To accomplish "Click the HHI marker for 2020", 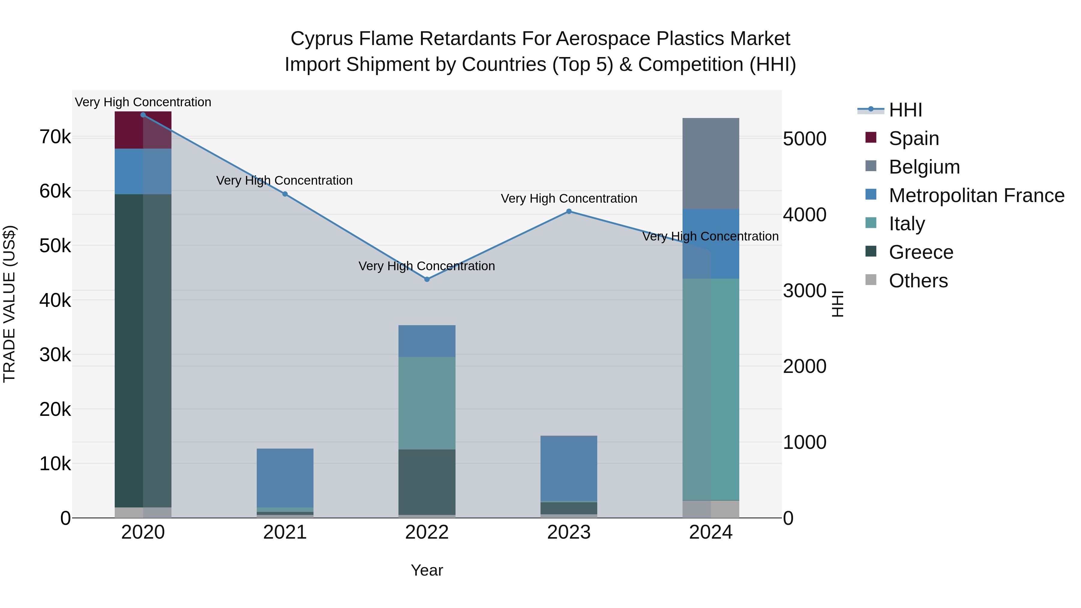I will click(143, 115).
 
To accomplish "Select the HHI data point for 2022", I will click(427, 280).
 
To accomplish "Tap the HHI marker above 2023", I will click(569, 211).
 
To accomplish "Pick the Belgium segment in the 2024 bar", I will click(710, 164).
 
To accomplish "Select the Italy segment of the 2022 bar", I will click(427, 403).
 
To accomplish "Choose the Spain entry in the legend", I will click(913, 138).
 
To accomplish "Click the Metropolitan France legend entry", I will click(976, 195).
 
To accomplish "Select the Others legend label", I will click(918, 281).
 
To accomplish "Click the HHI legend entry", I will click(905, 110).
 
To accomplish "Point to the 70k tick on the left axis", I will click(55, 137).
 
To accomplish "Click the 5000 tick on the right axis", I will click(804, 139).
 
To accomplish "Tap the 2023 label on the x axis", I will click(569, 532).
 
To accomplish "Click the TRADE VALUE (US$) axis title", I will click(9, 304).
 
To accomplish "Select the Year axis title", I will click(427, 570).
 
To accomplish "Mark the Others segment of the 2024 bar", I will click(710, 509).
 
